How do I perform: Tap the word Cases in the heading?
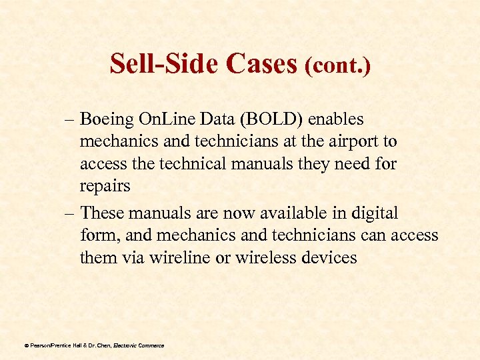(261, 63)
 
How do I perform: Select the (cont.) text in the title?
(337, 65)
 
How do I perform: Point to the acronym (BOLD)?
(267, 119)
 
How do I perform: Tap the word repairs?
(105, 186)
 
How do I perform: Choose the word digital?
(374, 213)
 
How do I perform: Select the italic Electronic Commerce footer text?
(139, 345)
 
